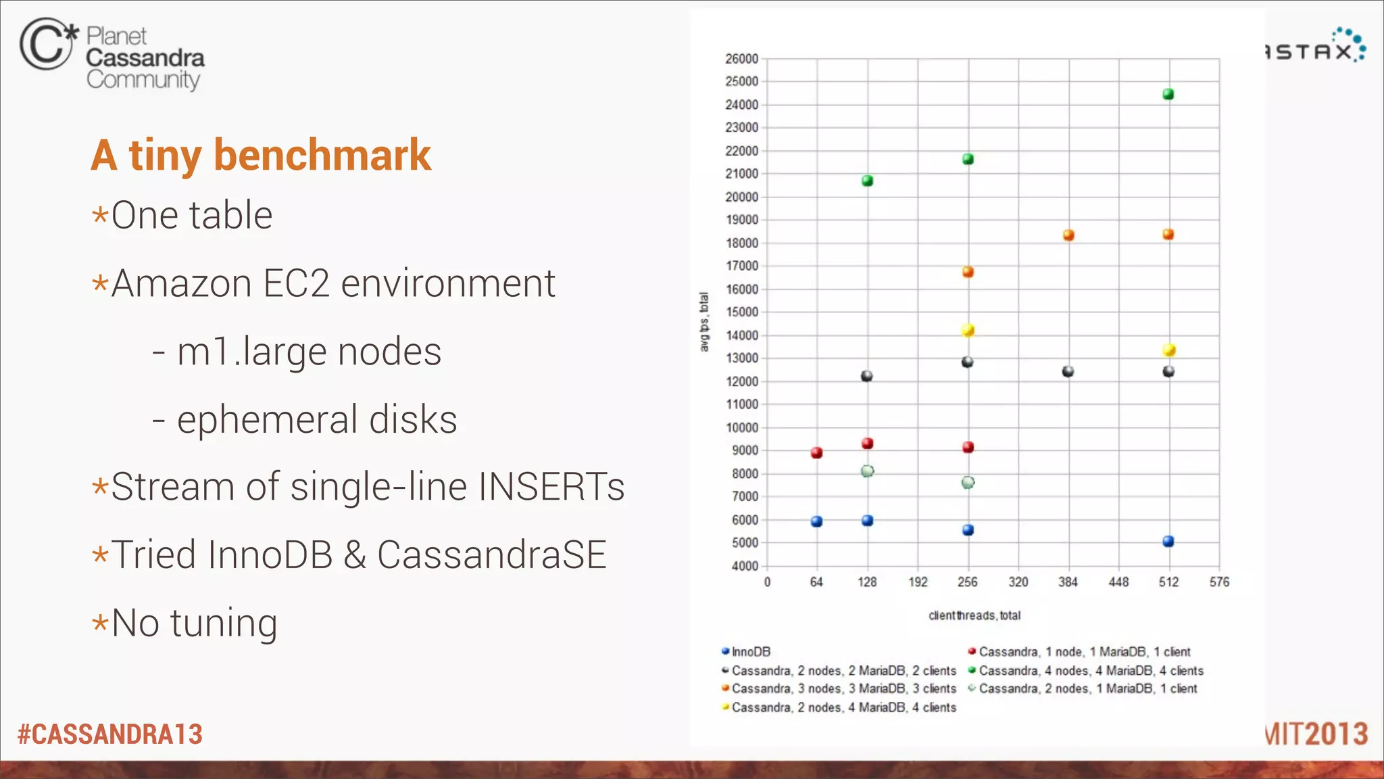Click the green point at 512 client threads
[1168, 95]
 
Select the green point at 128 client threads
[868, 181]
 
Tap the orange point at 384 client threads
[1068, 235]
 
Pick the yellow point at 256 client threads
[968, 331]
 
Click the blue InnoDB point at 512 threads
[1168, 541]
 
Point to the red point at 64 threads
[816, 452]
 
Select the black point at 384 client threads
[1068, 371]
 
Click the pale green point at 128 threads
[868, 471]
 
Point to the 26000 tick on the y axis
[742, 59]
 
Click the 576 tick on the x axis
[1219, 582]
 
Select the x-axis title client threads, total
[974, 615]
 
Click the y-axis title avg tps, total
[704, 322]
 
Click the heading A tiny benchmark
[261, 155]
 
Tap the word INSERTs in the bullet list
[551, 487]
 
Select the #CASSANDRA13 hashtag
[110, 734]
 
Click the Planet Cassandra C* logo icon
[47, 44]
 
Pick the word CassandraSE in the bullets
[491, 555]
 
